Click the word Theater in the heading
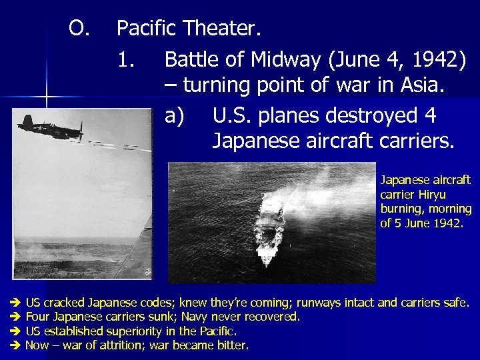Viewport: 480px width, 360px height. click(x=223, y=29)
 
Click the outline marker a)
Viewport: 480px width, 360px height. click(x=174, y=115)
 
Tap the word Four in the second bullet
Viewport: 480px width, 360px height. click(x=37, y=317)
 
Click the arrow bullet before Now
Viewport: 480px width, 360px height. click(x=17, y=345)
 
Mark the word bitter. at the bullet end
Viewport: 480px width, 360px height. click(x=232, y=345)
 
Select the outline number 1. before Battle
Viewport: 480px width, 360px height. click(x=125, y=59)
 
